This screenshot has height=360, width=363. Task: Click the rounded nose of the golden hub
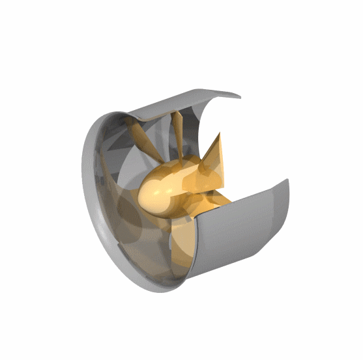point(153,191)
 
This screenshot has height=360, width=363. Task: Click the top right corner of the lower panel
point(286,180)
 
